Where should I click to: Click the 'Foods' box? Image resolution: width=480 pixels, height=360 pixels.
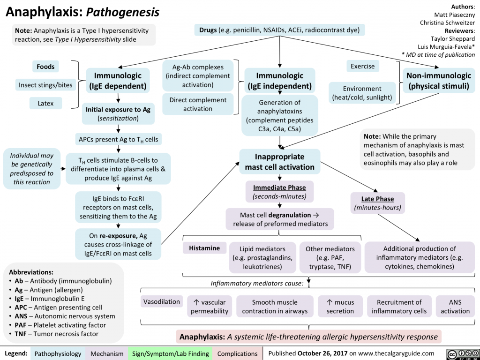tap(45, 67)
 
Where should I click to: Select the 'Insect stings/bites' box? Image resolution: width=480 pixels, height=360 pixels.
tap(45, 85)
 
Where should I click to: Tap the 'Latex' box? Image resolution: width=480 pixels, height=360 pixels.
tap(45, 103)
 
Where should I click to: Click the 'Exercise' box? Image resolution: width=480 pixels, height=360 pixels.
tap(362, 67)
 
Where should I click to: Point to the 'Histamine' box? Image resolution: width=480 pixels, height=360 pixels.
tap(204, 248)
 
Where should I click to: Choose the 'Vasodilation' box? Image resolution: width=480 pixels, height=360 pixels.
tap(161, 302)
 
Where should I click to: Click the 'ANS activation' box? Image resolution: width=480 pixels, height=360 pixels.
tap(455, 307)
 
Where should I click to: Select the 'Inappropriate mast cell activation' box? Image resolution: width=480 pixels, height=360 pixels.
tap(279, 161)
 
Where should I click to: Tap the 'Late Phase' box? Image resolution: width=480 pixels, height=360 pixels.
tap(377, 202)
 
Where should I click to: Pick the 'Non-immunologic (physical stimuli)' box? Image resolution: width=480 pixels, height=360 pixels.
tap(439, 81)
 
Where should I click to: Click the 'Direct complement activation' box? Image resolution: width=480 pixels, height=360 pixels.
tap(197, 104)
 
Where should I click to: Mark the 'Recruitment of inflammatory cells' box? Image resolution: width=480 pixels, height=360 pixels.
tap(399, 307)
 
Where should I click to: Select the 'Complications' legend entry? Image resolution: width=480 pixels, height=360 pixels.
tap(237, 353)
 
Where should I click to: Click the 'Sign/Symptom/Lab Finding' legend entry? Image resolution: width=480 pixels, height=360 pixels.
tap(170, 353)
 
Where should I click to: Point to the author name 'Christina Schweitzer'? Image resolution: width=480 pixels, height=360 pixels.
tap(447, 23)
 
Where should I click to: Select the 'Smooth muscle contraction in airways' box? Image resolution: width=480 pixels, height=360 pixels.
tap(274, 307)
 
